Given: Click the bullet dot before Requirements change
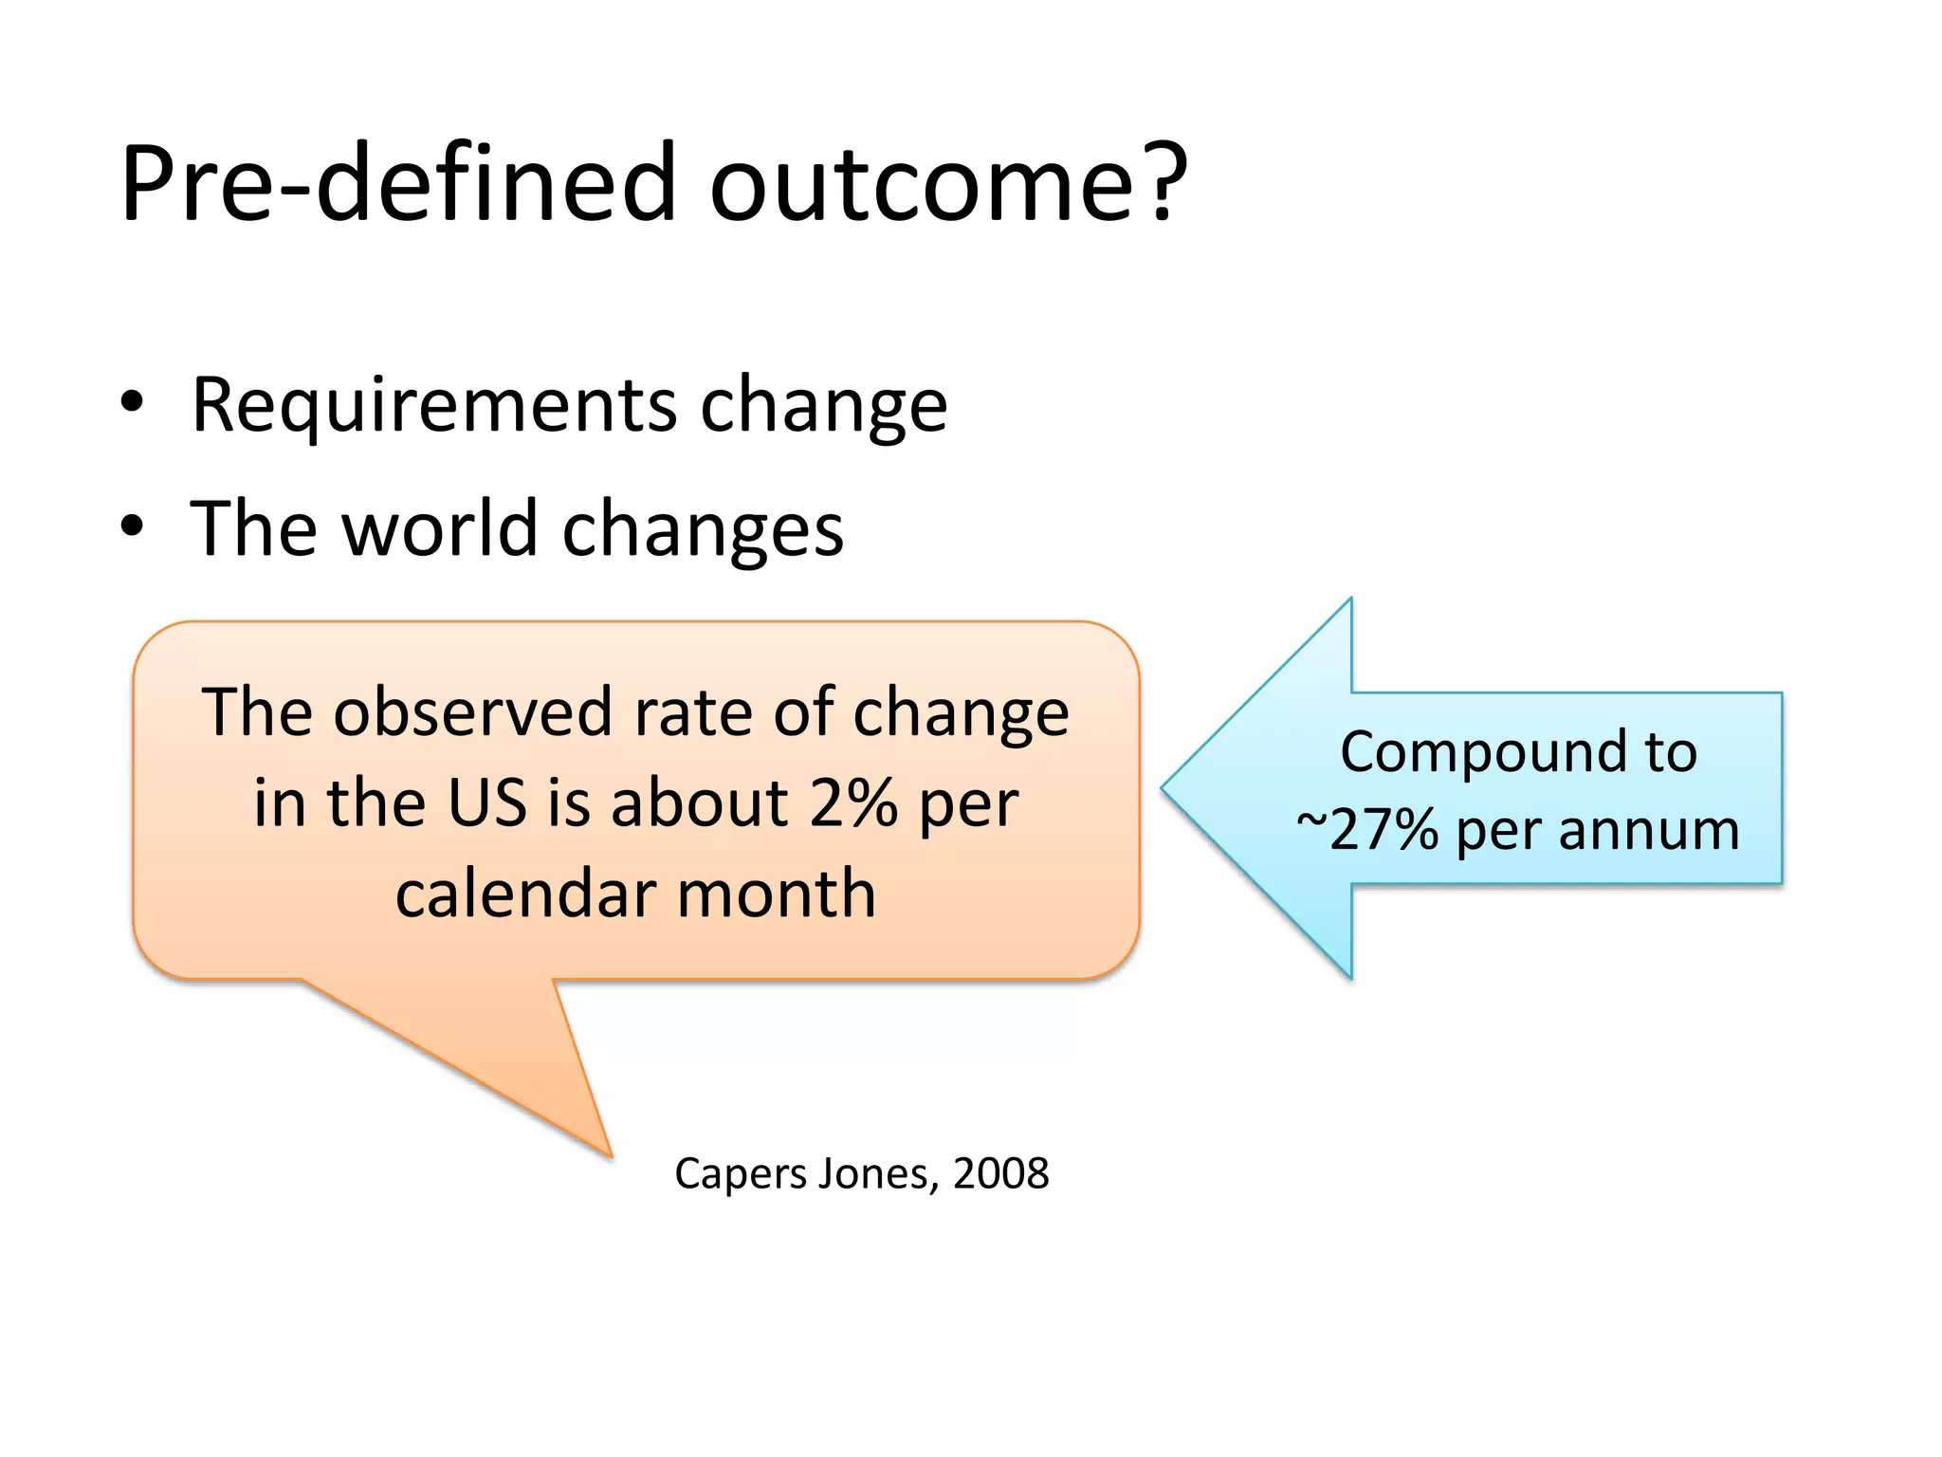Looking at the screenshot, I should (x=132, y=402).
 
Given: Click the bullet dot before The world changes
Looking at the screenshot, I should (x=132, y=526).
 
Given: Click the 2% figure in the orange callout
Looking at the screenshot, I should (x=852, y=802).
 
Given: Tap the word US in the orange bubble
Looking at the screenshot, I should (x=485, y=802).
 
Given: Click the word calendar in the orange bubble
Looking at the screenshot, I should (x=525, y=894).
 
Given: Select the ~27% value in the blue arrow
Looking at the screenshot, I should (x=1367, y=830).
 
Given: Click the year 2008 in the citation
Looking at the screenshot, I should (x=1000, y=1174).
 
